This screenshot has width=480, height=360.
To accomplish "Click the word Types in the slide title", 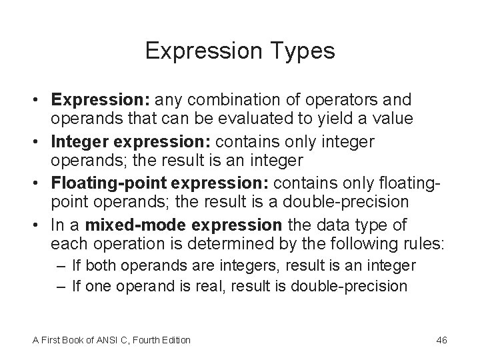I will point(302,51).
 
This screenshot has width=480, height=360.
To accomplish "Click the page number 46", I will point(441,341).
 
